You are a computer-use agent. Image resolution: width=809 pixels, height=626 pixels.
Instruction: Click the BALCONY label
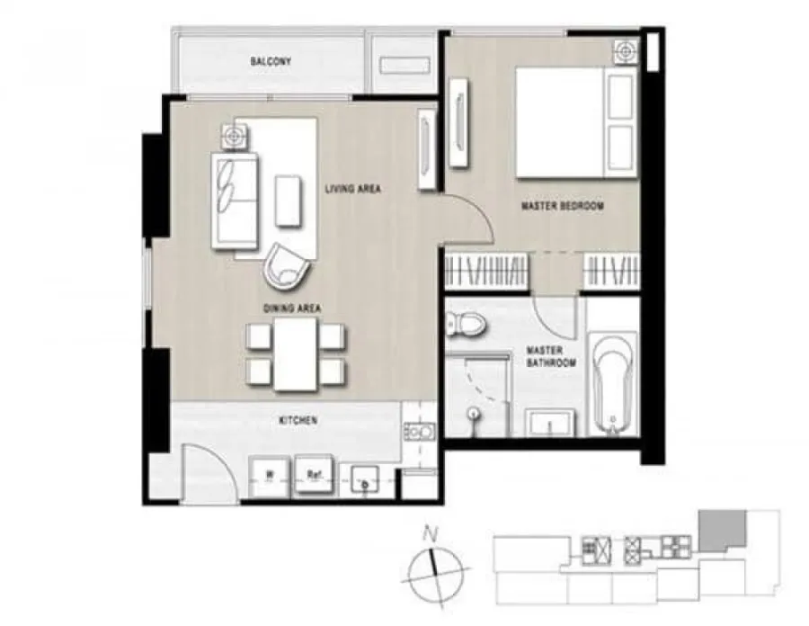[271, 61]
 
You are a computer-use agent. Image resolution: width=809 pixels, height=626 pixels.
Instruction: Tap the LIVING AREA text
[353, 189]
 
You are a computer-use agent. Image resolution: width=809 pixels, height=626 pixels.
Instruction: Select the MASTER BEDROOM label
[563, 206]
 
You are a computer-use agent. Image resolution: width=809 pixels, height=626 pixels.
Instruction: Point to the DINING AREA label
[292, 309]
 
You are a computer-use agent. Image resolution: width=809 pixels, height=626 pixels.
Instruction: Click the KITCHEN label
[298, 421]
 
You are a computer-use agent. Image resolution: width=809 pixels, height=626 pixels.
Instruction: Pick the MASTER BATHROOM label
[551, 356]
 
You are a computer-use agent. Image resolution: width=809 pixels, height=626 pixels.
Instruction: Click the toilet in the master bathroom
[466, 324]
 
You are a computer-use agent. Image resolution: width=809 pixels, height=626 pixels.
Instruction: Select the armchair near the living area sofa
[287, 267]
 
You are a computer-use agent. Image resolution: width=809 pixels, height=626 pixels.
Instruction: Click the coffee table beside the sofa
[288, 201]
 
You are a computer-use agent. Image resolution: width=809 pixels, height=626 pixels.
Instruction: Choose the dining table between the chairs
[295, 354]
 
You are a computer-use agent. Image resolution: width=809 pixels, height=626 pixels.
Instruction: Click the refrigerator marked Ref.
[314, 475]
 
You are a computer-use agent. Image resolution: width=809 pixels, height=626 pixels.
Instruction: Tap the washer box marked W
[270, 476]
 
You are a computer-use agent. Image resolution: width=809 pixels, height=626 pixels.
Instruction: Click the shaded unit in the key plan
[721, 530]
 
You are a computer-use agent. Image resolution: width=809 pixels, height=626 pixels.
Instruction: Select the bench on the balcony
[405, 66]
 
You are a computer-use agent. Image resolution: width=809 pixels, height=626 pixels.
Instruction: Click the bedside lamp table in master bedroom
[626, 51]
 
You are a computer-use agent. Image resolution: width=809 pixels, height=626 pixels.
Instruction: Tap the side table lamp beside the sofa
[235, 136]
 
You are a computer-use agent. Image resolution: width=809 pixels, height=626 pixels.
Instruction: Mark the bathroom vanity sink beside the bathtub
[550, 424]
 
